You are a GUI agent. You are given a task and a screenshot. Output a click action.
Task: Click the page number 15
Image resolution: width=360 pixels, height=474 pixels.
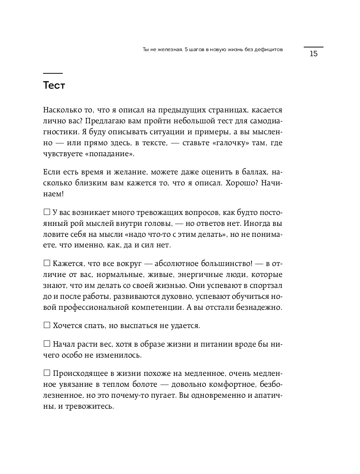313,54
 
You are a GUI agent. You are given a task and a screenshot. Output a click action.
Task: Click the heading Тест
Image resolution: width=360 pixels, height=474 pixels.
54,85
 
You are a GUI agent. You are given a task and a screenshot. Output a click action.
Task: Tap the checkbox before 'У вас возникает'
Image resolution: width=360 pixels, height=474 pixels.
47,212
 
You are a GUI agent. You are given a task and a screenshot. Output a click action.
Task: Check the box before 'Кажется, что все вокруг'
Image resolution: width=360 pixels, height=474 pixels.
47,263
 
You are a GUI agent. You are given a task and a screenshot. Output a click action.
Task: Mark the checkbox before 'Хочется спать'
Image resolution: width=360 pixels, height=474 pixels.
47,325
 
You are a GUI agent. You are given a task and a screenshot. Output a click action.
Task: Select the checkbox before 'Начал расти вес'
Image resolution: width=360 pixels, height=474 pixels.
47,343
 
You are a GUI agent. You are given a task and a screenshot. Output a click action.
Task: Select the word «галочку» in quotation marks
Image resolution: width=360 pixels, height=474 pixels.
230,143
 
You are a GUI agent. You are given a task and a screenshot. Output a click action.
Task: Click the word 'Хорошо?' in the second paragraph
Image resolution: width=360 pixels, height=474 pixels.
241,183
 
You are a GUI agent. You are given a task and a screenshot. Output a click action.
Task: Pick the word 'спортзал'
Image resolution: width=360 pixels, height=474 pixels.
265,285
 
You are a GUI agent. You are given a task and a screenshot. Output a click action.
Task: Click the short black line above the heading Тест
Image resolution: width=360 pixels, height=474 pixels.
53,73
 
